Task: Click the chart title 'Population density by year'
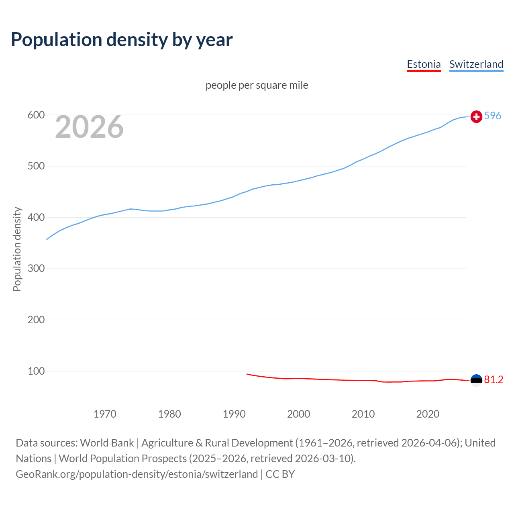click(122, 40)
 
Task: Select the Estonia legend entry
click(424, 64)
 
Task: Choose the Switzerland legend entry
click(476, 64)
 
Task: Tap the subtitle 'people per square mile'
click(257, 85)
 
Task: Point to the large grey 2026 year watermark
click(89, 127)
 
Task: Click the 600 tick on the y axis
click(36, 115)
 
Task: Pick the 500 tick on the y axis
click(36, 166)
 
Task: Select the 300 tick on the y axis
click(36, 269)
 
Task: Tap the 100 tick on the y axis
click(36, 371)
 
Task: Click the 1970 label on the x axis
click(105, 414)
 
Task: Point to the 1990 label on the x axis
click(234, 414)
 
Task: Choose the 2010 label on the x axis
click(363, 414)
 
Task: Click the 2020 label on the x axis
click(428, 414)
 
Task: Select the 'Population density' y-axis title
click(17, 249)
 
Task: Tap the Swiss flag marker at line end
click(476, 116)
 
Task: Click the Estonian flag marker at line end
click(476, 380)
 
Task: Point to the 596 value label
click(493, 116)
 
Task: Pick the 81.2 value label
click(494, 379)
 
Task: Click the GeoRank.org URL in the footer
click(137, 474)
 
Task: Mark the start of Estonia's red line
click(247, 374)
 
